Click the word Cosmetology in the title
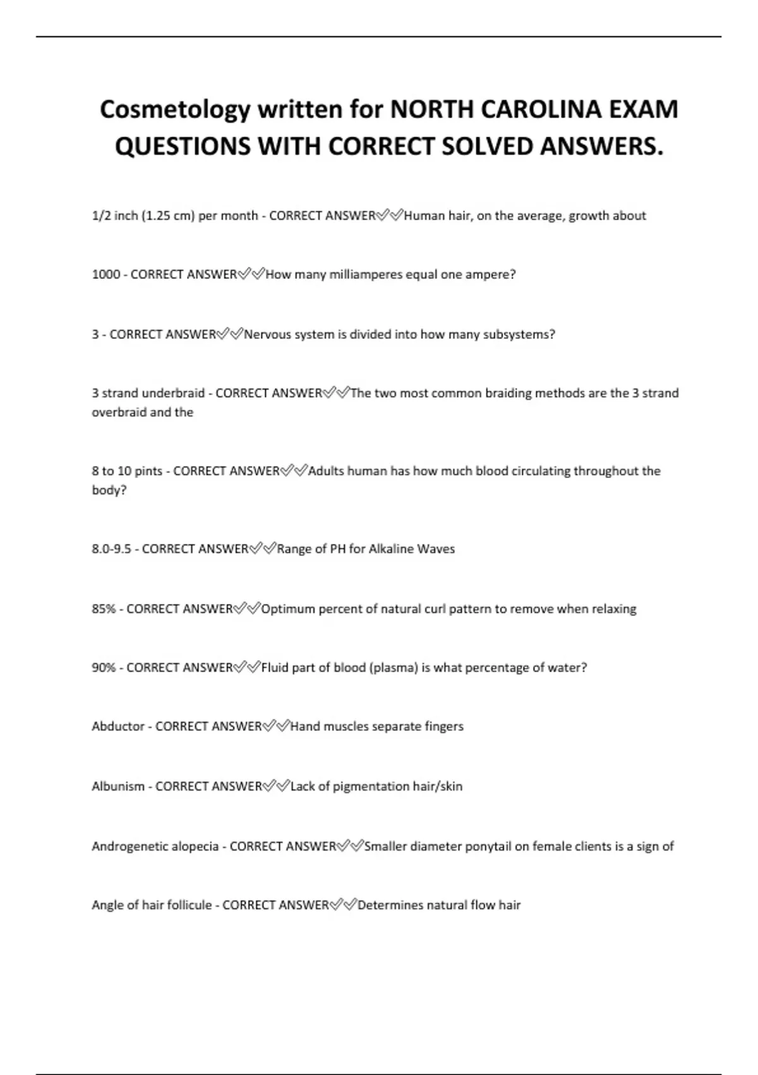pos(175,110)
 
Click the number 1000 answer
pos(105,274)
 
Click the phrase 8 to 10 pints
pos(127,471)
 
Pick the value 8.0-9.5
pos(111,549)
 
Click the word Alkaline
pos(390,549)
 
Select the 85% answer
pos(104,609)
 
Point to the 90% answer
pos(104,668)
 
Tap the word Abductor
pos(118,727)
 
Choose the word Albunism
pos(118,787)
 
